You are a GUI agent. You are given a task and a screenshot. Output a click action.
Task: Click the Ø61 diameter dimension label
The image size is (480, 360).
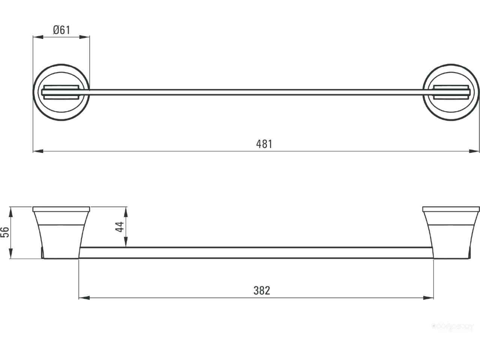coord(62,30)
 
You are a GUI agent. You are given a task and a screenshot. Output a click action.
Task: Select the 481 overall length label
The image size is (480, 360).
coord(264,144)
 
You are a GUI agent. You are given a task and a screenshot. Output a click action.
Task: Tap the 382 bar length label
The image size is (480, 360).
coord(261,291)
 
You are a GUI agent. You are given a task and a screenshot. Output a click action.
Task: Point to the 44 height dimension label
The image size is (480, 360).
coord(120,227)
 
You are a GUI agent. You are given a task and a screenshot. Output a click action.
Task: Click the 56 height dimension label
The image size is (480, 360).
coord(5,232)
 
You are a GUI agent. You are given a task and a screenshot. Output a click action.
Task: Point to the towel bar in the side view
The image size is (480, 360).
coord(255,253)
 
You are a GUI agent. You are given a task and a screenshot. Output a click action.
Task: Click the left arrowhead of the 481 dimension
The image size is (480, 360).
coord(37,151)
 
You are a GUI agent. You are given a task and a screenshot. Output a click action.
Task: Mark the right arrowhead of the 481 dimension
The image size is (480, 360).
coord(475,151)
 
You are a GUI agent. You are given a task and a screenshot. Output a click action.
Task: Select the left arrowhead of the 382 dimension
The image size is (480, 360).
coord(83,298)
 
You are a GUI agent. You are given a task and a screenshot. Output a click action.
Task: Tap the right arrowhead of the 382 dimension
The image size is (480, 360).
coord(429,298)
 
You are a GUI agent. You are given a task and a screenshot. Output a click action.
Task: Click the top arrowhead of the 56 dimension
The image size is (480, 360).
coord(10,211)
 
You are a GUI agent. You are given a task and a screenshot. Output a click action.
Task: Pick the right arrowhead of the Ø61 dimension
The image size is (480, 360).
coord(85,37)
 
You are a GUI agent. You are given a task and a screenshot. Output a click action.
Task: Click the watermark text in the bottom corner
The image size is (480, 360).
coord(453,327)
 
